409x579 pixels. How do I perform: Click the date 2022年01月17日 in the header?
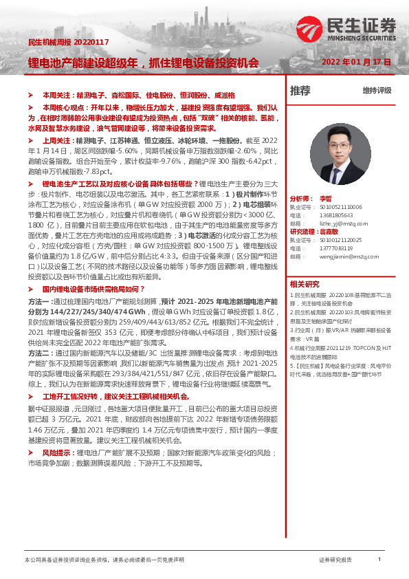point(357,62)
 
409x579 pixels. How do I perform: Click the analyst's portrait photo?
point(335,155)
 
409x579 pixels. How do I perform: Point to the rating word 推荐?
point(300,90)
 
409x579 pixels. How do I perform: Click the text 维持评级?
point(377,91)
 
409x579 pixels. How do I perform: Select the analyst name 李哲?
point(325,197)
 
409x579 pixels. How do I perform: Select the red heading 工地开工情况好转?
point(72,397)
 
